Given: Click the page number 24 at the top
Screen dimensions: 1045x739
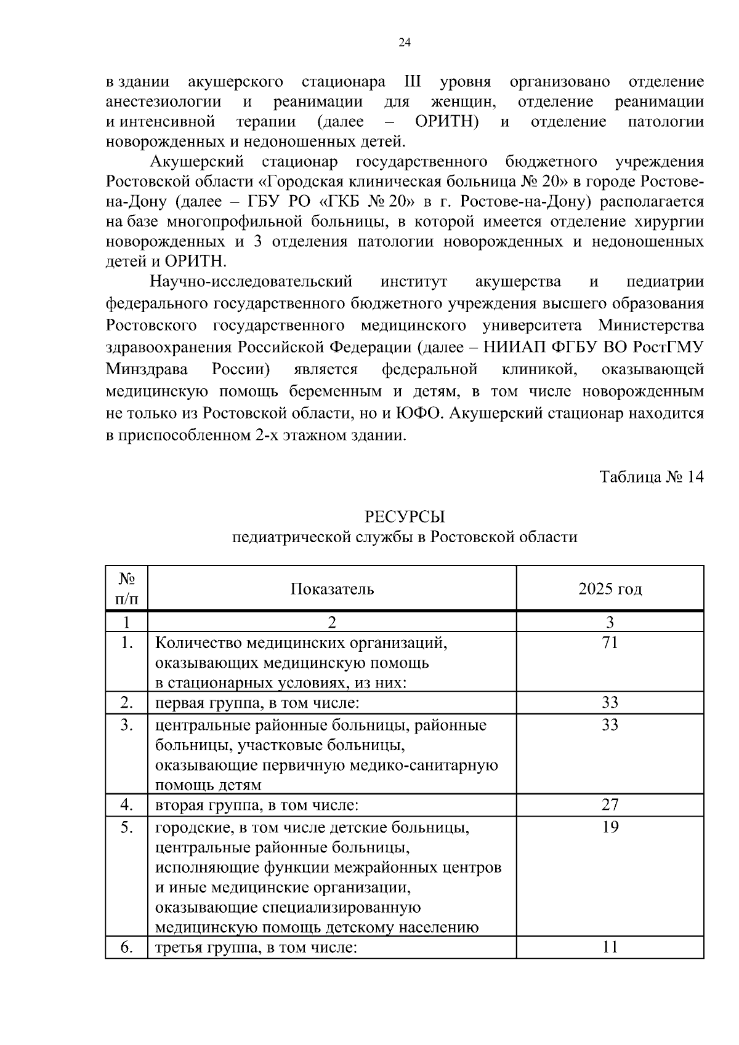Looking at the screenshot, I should tap(405, 42).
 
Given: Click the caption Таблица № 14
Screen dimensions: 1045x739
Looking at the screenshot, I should tap(651, 477).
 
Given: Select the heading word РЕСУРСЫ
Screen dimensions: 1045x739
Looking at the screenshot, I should tap(405, 516).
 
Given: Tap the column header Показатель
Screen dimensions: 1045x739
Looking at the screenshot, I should tap(332, 589).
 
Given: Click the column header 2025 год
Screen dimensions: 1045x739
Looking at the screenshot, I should tap(610, 589).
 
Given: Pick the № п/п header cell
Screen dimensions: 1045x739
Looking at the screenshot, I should tap(127, 588).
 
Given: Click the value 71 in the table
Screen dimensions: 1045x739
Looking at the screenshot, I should tap(610, 643).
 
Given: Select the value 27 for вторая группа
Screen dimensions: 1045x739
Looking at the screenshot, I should tap(610, 804).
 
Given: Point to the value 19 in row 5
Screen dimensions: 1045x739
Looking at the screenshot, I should tap(610, 827).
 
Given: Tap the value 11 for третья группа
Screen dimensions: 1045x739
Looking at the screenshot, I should tap(610, 947).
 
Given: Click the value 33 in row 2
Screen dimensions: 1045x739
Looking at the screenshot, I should tap(610, 703).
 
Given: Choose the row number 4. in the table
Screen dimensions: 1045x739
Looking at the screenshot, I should tap(127, 804).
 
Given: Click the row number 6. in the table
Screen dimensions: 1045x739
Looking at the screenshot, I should tap(127, 947).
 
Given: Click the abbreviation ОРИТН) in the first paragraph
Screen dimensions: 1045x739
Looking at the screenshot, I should tap(447, 122).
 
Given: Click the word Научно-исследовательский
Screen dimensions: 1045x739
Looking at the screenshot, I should tap(251, 282).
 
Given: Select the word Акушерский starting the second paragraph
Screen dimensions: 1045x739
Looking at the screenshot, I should tap(197, 162).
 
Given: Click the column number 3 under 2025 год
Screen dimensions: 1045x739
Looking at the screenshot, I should tap(610, 622).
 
